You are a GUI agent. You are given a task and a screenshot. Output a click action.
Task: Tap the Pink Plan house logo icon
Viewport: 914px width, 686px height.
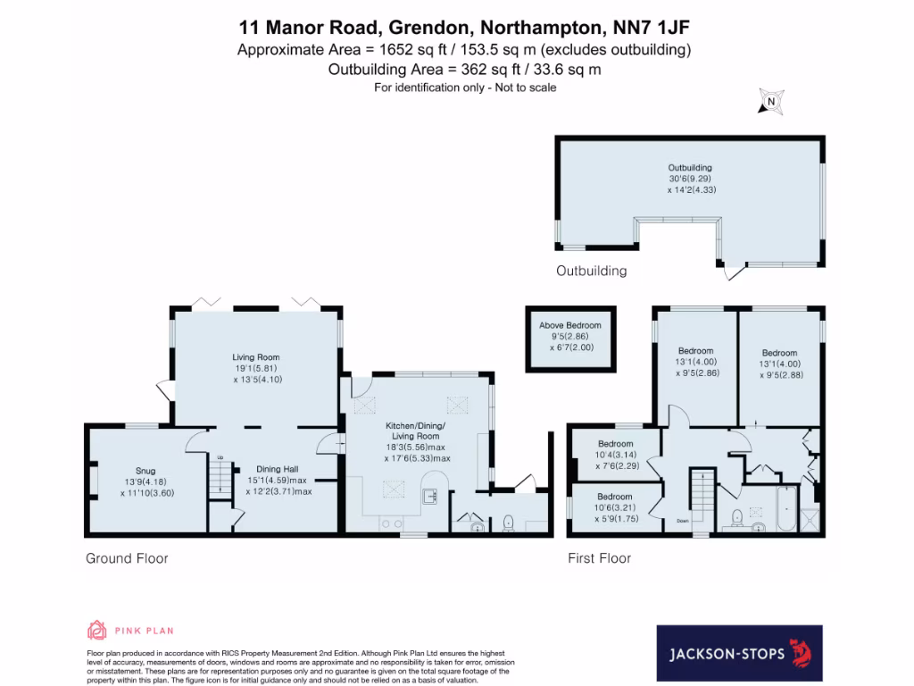96,630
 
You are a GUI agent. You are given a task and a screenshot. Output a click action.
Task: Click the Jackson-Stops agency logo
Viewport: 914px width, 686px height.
739,654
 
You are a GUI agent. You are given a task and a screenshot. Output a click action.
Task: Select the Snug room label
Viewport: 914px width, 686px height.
145,471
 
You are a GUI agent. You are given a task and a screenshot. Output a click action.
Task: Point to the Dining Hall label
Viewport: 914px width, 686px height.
278,469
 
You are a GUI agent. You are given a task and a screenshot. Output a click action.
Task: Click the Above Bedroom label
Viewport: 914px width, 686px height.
569,325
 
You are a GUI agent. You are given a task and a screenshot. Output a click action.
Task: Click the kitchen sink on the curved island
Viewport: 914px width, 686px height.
429,494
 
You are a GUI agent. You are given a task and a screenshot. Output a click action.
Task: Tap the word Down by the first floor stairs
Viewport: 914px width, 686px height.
683,521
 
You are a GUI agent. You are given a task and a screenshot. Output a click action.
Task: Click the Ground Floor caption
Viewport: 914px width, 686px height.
127,559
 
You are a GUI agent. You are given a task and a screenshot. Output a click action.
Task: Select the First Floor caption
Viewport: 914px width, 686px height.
600,559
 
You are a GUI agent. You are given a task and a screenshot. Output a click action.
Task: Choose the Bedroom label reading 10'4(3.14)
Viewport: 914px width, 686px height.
615,444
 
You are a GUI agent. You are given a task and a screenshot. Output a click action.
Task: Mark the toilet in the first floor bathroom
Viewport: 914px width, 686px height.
737,517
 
